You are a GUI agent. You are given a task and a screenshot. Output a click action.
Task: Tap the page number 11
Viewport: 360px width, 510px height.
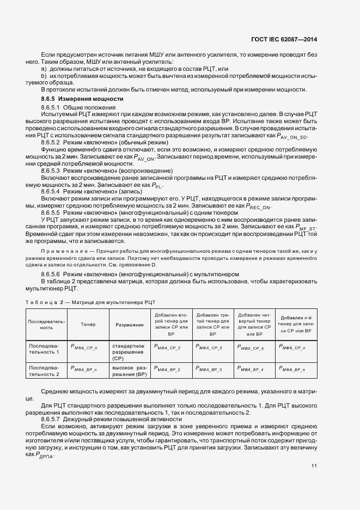coord(314,465)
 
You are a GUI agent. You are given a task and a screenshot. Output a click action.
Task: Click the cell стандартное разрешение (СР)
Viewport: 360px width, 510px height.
coord(129,352)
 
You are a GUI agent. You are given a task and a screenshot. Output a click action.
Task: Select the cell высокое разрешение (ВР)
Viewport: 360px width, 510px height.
coord(130,371)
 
